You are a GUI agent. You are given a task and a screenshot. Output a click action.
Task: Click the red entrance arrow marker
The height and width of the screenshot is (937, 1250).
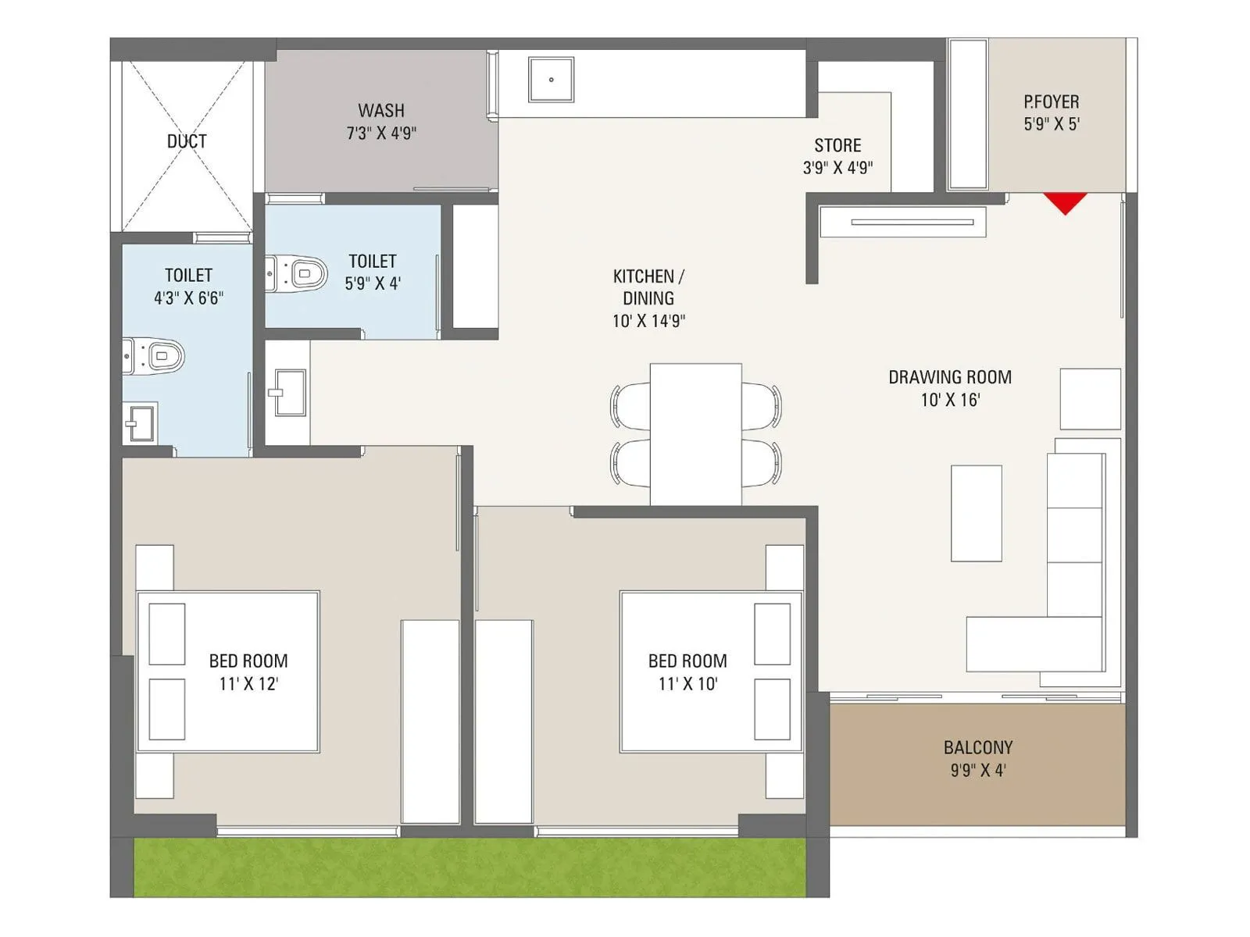pos(1065,202)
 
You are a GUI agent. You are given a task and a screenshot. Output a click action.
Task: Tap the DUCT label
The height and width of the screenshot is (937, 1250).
pos(187,141)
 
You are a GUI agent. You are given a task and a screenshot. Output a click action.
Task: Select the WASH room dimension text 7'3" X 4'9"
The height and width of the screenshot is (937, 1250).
pos(381,134)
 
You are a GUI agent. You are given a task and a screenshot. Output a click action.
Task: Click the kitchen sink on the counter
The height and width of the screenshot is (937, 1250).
pos(551,80)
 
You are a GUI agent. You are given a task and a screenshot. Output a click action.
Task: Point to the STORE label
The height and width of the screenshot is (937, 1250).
pos(837,145)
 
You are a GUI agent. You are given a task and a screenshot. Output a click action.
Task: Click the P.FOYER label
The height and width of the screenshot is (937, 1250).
pos(1052,102)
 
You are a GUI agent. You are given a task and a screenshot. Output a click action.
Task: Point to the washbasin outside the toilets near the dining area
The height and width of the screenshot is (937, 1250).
pos(288,393)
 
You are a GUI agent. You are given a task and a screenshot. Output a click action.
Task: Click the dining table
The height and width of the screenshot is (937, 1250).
pos(695,433)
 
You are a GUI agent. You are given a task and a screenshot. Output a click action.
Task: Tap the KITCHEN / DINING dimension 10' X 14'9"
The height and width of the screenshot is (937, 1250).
pos(648,321)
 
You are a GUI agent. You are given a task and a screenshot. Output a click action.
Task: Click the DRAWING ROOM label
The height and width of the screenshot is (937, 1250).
pos(950,377)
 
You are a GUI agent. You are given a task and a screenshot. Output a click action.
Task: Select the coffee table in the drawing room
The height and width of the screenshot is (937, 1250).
pos(976,513)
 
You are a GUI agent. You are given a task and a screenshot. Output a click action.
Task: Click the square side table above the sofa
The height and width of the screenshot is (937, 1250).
pos(1090,399)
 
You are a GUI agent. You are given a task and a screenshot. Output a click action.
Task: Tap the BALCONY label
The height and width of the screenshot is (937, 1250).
pos(977,747)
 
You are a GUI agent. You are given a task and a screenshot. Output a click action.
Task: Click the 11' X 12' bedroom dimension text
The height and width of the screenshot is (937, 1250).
pos(248,684)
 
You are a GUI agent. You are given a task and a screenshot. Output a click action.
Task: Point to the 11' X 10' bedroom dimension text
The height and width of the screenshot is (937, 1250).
pos(687,684)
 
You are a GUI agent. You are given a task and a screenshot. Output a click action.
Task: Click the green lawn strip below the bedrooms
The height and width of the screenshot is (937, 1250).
pos(469,868)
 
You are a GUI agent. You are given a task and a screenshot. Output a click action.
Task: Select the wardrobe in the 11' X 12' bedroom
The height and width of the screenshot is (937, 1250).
pos(430,721)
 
